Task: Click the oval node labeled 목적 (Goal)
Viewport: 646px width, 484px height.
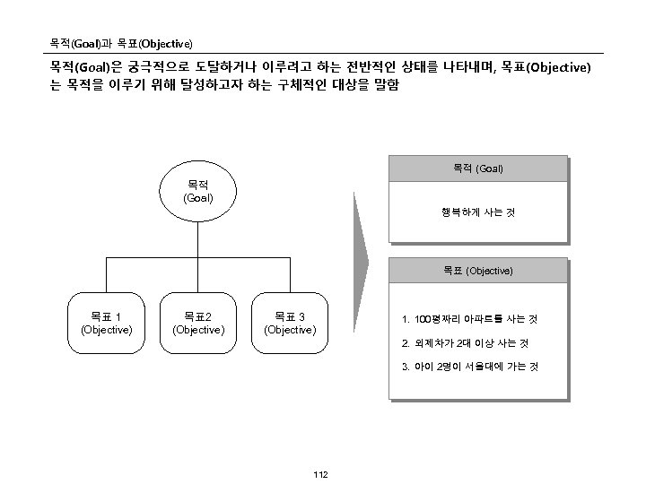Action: pos(197,189)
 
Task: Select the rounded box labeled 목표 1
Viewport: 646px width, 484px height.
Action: pos(107,323)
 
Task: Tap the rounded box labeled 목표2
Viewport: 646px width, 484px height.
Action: pos(197,323)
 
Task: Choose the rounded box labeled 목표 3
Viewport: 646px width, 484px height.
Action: pos(289,323)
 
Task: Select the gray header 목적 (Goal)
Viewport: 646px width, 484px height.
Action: pos(477,169)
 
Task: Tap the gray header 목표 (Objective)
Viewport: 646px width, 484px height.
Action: pos(477,270)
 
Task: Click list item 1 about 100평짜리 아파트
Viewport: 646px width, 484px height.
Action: pos(469,319)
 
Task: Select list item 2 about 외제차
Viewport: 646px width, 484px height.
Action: pos(465,342)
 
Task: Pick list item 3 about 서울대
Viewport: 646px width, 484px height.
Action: pos(469,367)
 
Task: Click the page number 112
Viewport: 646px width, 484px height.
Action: pos(321,473)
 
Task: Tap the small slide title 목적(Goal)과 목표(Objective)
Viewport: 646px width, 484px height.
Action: pos(120,43)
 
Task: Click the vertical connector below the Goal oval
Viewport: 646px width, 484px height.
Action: pos(197,238)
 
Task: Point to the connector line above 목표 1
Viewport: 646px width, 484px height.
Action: pos(107,276)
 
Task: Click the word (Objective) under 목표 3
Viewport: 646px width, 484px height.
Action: pos(289,330)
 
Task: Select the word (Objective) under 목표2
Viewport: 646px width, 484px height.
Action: pos(197,330)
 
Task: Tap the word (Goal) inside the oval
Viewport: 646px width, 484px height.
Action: pos(197,197)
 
